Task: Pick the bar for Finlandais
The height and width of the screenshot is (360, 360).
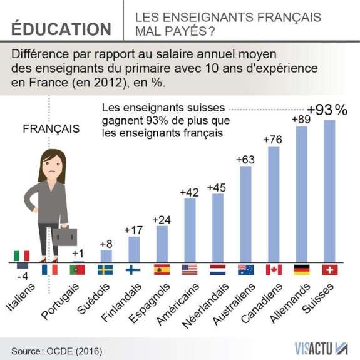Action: (x=134, y=249)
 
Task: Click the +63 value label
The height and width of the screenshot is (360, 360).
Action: (x=245, y=160)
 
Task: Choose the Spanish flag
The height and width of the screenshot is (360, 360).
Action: (x=162, y=270)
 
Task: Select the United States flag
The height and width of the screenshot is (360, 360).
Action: (x=189, y=270)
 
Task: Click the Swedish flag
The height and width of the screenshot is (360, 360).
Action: (x=106, y=270)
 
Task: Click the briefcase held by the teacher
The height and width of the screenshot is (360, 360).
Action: (x=64, y=235)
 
